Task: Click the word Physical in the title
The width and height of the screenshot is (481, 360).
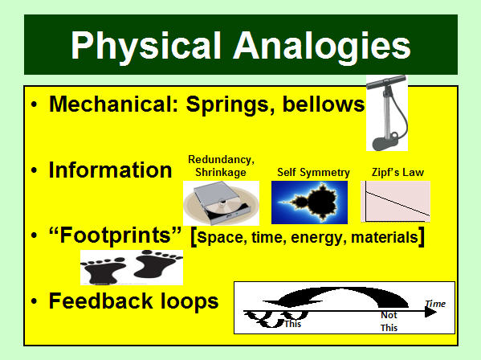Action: [x=146, y=46]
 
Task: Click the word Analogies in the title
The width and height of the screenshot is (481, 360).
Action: [x=322, y=46]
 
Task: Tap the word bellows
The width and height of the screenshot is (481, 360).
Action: [x=324, y=104]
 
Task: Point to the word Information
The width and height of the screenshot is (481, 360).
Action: [x=111, y=170]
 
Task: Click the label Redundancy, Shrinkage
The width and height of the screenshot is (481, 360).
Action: [x=221, y=166]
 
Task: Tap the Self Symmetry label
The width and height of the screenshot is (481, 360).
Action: [x=313, y=173]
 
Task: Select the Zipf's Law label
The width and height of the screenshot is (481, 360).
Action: [x=397, y=172]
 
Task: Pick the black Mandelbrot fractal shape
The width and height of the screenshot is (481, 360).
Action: [x=316, y=202]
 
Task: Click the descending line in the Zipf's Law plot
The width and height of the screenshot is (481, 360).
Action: [x=397, y=203]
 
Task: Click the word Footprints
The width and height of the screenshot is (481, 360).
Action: [x=115, y=235]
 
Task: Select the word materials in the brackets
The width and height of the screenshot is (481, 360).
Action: [x=385, y=238]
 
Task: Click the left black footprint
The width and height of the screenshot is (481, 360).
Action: [x=104, y=270]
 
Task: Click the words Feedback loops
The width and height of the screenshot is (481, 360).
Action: [x=134, y=301]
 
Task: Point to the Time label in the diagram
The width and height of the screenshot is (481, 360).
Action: [x=435, y=304]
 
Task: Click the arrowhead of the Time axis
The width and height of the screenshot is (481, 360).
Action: [x=430, y=312]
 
